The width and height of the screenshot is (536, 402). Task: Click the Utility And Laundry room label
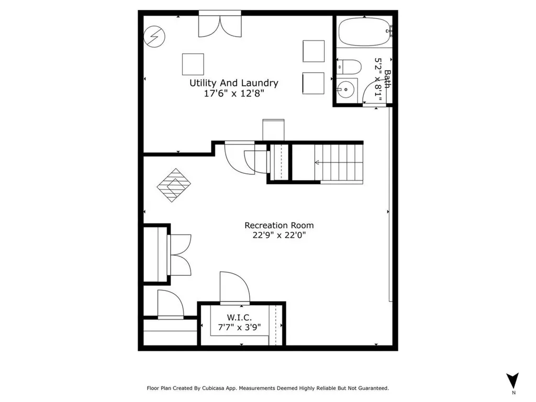coord(233,83)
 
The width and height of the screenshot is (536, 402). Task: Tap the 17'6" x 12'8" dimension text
coord(233,94)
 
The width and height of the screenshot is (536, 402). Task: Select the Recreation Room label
coord(279,225)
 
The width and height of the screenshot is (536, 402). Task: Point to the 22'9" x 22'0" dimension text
coord(279,236)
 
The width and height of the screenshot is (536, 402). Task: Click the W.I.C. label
coord(240,317)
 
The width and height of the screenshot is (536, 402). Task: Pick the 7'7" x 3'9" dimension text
coord(240,327)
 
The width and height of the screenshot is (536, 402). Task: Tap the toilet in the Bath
coord(350,66)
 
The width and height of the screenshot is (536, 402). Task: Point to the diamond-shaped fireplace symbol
coord(174,185)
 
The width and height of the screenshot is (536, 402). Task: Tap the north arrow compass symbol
coord(513,380)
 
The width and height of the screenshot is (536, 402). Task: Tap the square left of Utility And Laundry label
coord(193,64)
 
